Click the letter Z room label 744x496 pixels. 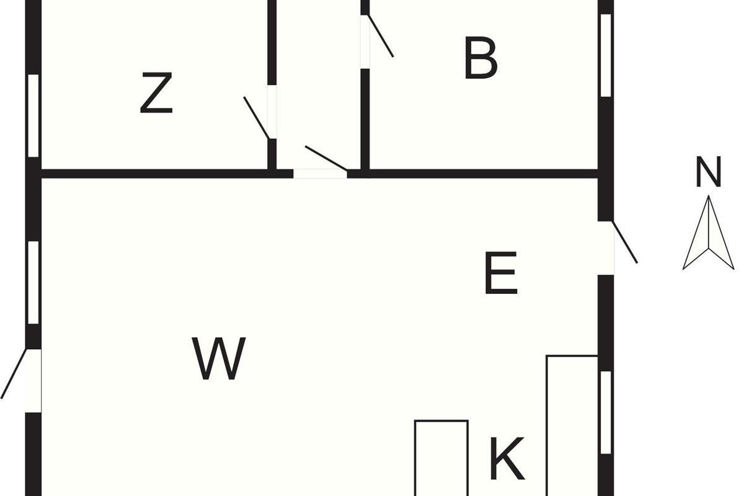156,92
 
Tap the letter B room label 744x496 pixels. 480,58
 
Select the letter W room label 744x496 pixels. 219,358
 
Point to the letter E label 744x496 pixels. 501,273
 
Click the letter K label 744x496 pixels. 507,459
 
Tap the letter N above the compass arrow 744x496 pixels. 709,171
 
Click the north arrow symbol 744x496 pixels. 709,232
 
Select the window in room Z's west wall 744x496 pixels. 33,115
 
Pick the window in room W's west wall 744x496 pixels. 33,282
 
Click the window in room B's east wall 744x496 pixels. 606,55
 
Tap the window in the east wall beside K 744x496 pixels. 606,412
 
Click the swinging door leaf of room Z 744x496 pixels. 257,118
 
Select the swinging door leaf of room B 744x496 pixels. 381,36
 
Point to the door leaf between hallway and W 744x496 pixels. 326,158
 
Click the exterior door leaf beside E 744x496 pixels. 625,242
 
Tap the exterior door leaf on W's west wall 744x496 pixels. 14,373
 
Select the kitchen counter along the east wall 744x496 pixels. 572,425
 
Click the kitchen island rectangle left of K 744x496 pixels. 441,458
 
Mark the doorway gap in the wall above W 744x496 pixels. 320,174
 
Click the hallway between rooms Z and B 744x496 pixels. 319,85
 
